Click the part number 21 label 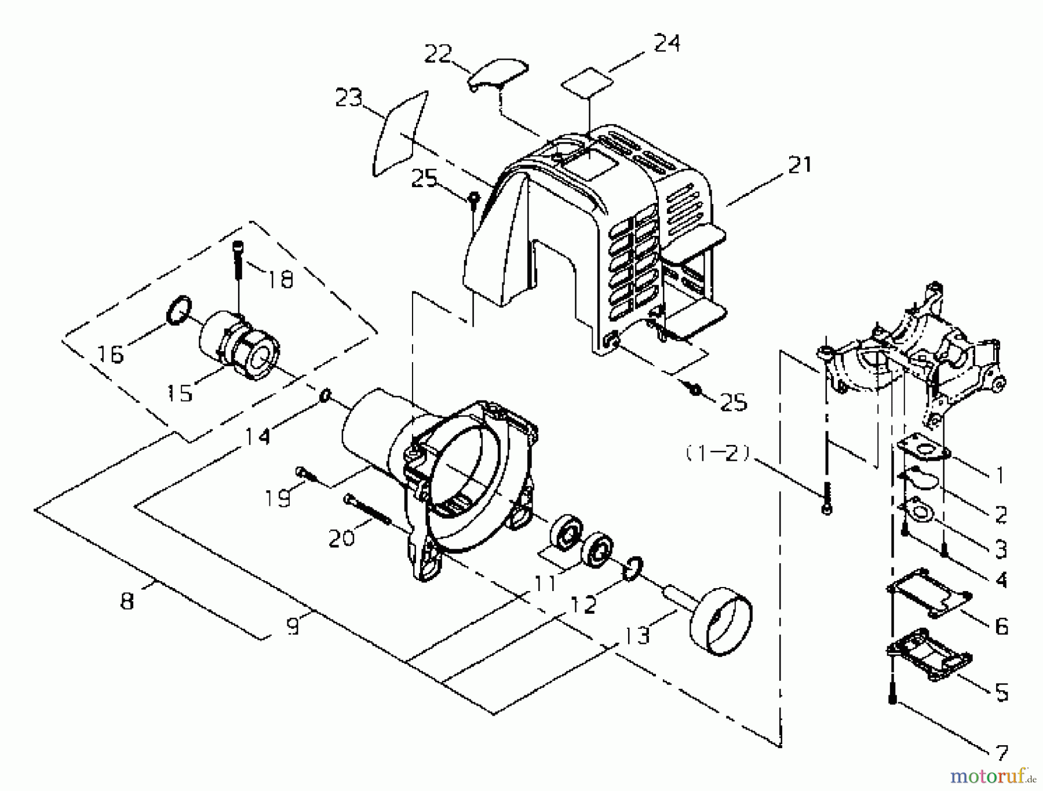pyautogui.click(x=800, y=165)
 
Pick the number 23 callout pyautogui.click(x=348, y=99)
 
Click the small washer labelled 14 pyautogui.click(x=326, y=396)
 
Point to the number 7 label pyautogui.click(x=1001, y=753)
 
